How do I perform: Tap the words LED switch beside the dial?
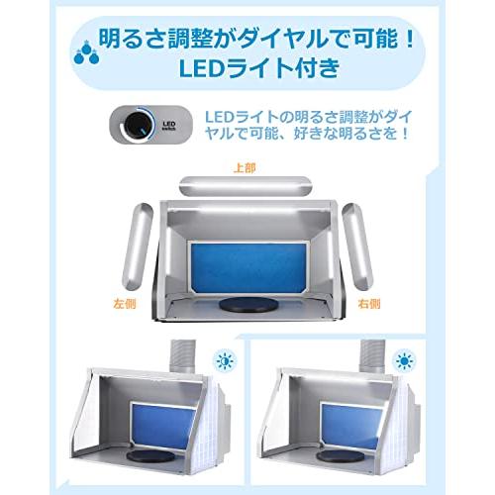(168, 128)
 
